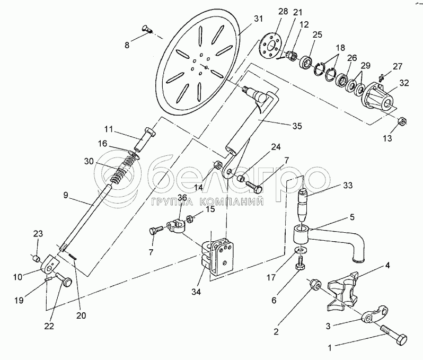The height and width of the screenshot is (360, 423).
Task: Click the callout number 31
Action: (x=258, y=19)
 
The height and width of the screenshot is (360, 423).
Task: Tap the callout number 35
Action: (x=297, y=126)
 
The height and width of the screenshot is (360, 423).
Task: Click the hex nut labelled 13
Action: (x=402, y=121)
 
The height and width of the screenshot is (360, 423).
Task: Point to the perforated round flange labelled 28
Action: (x=270, y=46)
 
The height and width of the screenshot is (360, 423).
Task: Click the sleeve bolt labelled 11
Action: (x=145, y=141)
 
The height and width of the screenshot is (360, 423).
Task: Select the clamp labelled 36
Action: (x=175, y=226)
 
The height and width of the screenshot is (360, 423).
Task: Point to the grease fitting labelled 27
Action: (x=381, y=78)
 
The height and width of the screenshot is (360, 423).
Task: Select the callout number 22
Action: (x=50, y=326)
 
